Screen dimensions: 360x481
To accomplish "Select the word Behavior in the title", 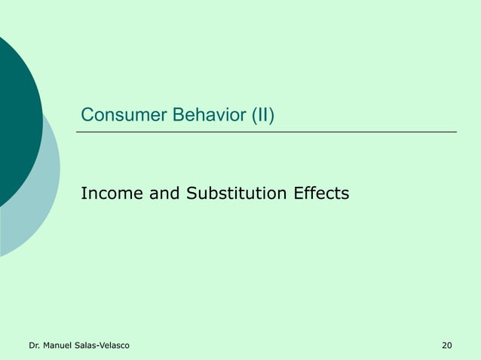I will point(208,116).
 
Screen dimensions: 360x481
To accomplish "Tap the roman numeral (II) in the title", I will point(262,116).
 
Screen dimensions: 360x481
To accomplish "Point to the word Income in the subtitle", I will point(111,194).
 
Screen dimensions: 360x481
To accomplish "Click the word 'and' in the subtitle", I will point(164,194).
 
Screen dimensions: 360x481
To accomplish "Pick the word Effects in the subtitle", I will point(320,194).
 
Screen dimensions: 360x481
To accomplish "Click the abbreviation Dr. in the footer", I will point(34,346).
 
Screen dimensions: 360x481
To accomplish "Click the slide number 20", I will point(447,346).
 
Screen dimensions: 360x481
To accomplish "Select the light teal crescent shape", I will point(41,203).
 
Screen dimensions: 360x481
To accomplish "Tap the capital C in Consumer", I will point(87,116).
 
